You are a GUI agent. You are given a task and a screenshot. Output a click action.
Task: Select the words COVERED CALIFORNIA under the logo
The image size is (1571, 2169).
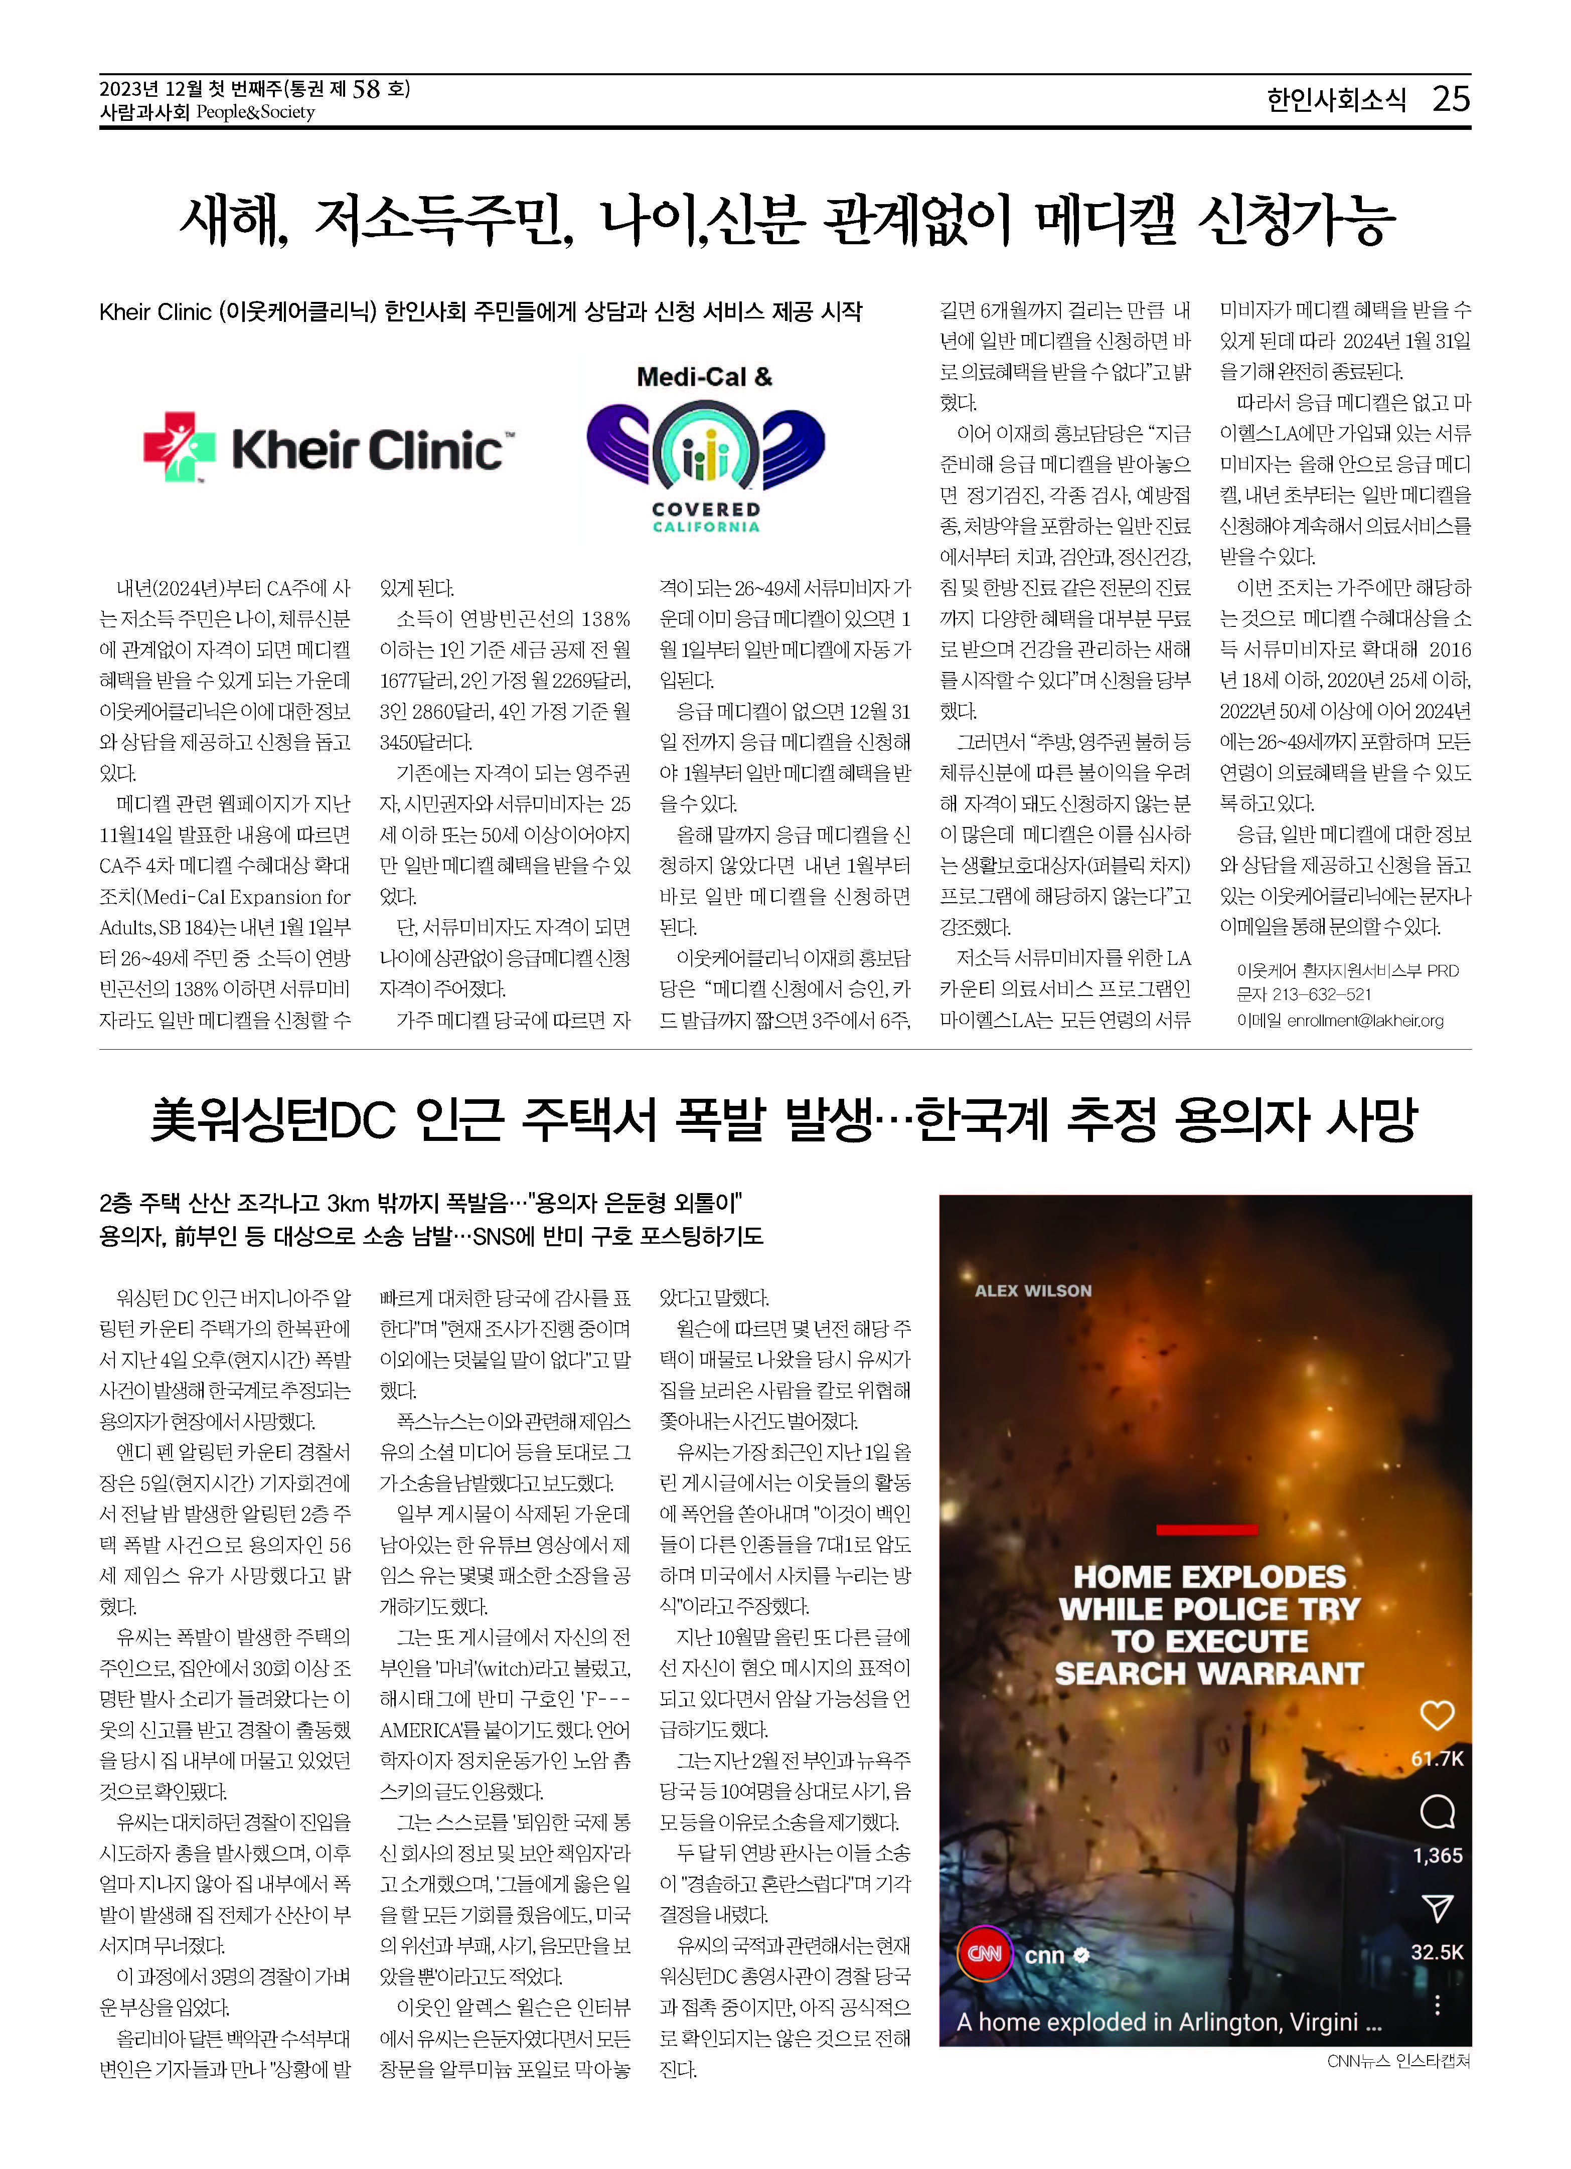coord(706,518)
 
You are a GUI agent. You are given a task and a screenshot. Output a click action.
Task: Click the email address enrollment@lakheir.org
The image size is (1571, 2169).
coord(1364,1021)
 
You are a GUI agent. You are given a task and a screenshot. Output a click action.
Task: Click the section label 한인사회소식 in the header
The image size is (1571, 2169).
coord(1337,99)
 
